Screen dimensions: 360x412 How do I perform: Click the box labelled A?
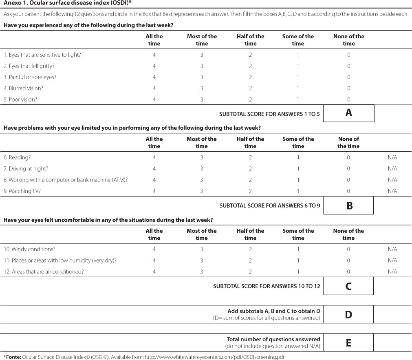pos(348,113)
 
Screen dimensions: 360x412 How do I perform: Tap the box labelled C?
pos(348,286)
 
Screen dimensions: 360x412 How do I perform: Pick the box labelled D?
pos(348,314)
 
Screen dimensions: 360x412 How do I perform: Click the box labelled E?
pos(348,343)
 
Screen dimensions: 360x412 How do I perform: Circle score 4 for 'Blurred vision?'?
pos(154,88)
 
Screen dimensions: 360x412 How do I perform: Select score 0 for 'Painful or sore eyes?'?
pos(349,77)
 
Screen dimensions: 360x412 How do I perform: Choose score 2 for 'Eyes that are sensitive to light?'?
pos(250,55)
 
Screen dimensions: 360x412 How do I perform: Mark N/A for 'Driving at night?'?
pos(392,168)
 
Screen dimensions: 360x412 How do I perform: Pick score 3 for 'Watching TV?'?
pos(202,191)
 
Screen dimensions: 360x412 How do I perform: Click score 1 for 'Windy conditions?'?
pos(298,249)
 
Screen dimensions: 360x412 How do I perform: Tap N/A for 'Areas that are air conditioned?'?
pos(392,272)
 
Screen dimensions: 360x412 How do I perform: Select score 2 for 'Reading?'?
pos(250,157)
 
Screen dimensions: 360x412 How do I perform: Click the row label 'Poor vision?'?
pos(23,99)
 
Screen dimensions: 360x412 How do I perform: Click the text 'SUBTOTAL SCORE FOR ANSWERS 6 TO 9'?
pos(269,206)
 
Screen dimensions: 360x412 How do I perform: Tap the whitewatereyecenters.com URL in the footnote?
pos(226,357)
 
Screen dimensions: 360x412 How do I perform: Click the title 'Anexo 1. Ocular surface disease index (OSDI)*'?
pos(67,4)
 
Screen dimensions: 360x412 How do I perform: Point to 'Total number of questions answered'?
pos(273,339)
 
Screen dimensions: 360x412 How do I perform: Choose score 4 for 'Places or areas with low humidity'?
pos(154,261)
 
